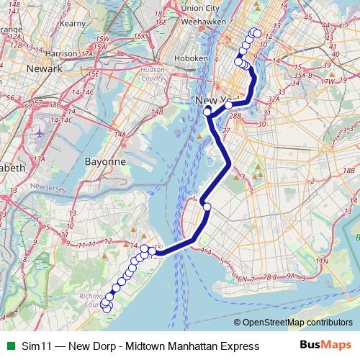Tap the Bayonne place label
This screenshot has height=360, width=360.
[106, 162]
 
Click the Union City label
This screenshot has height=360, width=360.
[201, 8]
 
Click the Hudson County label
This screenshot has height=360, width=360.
[153, 74]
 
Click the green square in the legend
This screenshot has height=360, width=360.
[8, 346]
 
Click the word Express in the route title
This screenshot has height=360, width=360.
[240, 346]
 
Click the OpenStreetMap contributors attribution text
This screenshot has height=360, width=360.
[299, 323]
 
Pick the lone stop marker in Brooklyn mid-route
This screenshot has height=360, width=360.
[207, 207]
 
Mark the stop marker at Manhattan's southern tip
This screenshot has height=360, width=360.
[207, 111]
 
